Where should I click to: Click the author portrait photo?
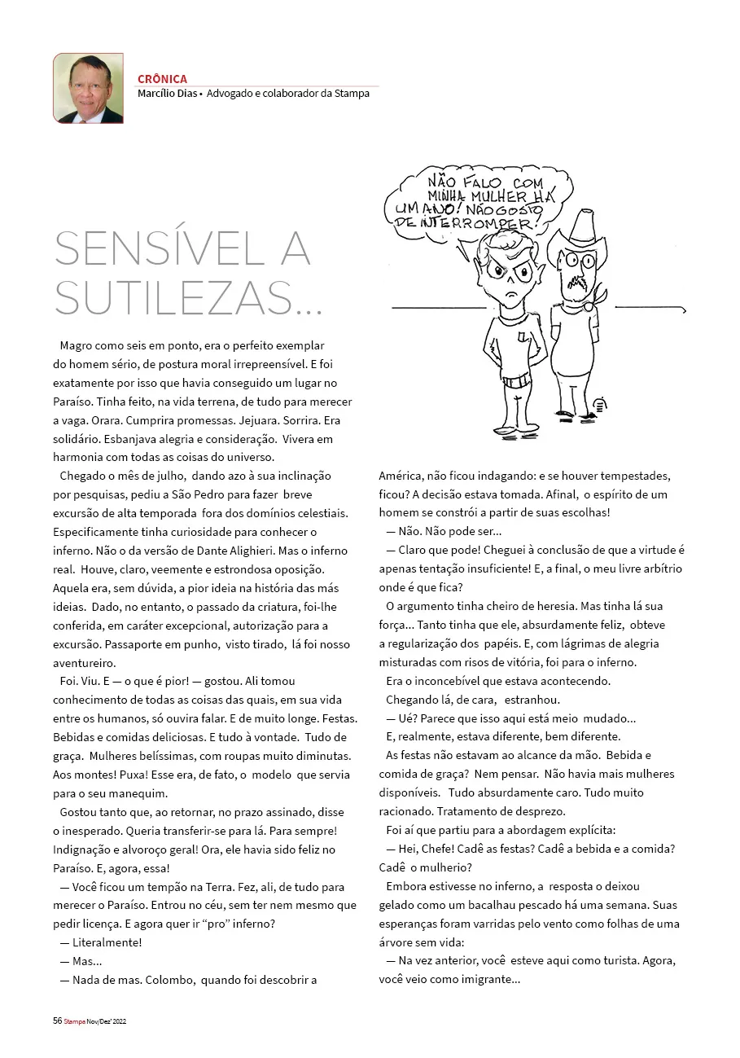pyautogui.click(x=88, y=88)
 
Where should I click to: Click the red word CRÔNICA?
pyautogui.click(x=162, y=79)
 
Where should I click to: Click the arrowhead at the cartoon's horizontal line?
pyautogui.click(x=683, y=309)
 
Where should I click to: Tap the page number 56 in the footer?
pyautogui.click(x=57, y=1021)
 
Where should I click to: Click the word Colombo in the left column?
pyautogui.click(x=169, y=979)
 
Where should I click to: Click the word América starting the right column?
pyautogui.click(x=402, y=475)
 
